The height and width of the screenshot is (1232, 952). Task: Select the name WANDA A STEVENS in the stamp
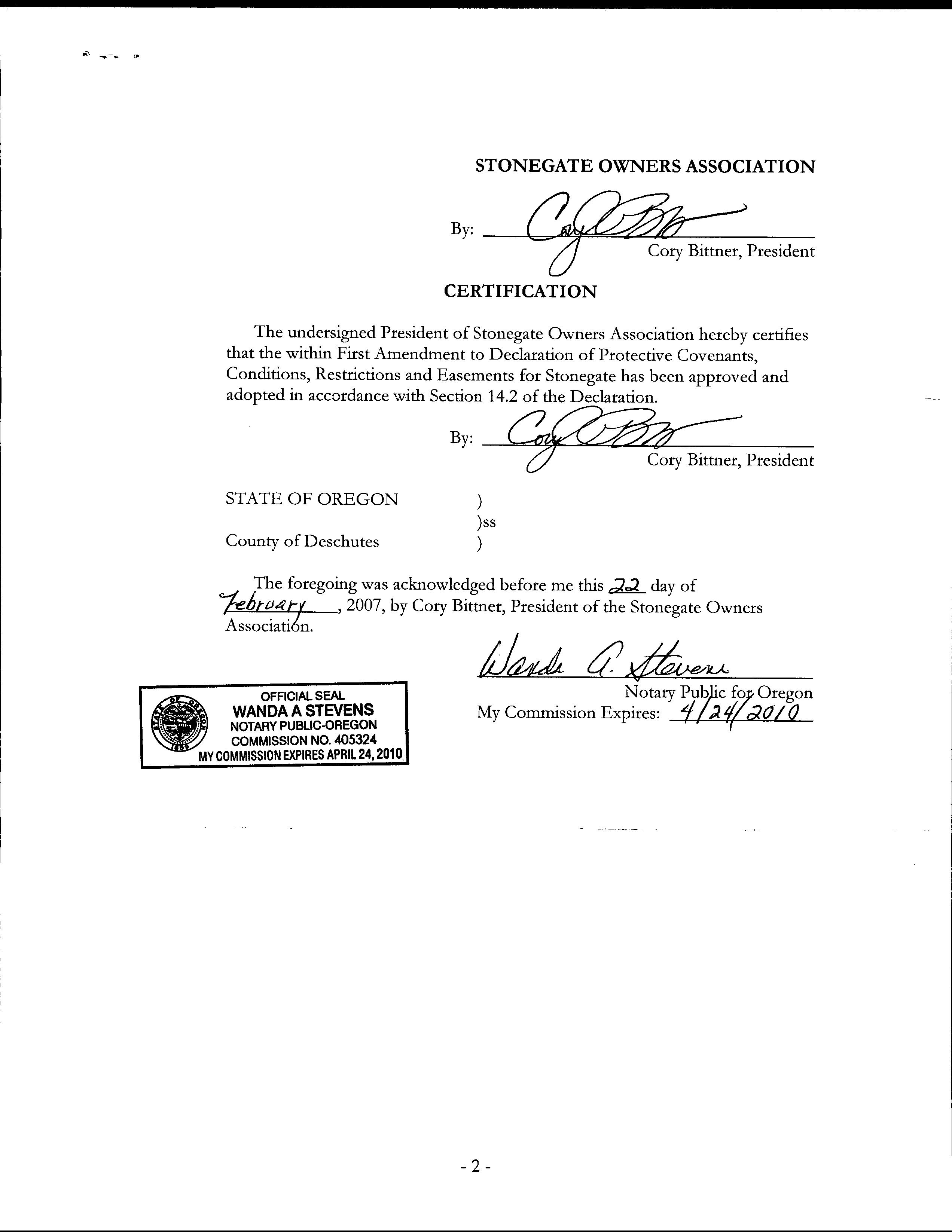pos(303,710)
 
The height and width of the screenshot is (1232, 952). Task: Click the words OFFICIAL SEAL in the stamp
pos(302,696)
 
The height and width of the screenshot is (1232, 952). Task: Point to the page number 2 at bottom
pos(475,1167)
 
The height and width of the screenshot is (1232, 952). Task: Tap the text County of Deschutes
pos(302,541)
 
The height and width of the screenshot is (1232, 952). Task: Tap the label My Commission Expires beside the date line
pos(568,713)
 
